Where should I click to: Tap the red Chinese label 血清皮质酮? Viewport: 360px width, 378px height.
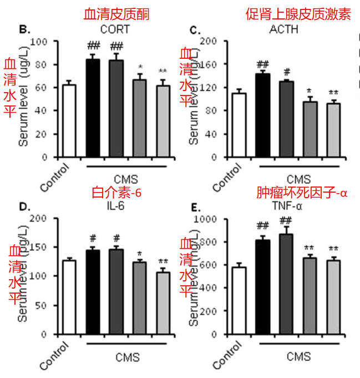[x=116, y=14]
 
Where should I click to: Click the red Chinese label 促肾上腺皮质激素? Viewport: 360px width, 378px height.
[x=298, y=14]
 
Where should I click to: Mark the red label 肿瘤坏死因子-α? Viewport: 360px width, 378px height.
[x=301, y=193]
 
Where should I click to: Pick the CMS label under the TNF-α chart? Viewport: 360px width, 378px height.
[x=299, y=356]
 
